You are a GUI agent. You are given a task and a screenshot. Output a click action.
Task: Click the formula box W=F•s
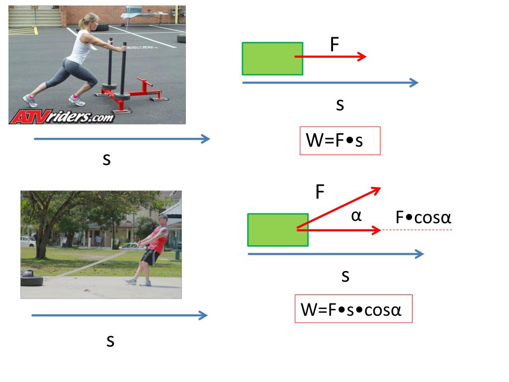340,141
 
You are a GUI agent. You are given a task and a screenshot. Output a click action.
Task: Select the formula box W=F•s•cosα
353,309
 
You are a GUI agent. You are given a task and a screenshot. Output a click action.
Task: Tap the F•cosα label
423,217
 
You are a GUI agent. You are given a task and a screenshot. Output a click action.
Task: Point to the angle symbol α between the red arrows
356,215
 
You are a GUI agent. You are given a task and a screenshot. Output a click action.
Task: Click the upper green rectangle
272,59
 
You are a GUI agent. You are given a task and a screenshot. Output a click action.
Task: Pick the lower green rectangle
277,230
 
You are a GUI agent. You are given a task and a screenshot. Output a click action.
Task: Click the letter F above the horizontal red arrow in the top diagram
335,45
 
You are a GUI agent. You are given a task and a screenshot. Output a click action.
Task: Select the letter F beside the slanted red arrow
320,192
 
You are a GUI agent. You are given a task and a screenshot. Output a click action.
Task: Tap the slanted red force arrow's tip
379,188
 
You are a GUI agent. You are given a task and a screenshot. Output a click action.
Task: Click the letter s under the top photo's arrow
106,159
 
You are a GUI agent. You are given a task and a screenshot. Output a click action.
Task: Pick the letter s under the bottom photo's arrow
110,341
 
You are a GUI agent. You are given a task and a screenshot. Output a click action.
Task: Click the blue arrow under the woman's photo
122,139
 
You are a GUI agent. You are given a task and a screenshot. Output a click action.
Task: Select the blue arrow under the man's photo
119,315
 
